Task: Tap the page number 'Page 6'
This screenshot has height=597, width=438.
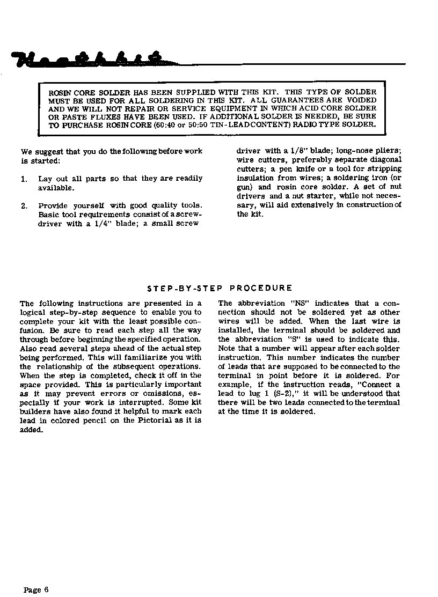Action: tap(36, 575)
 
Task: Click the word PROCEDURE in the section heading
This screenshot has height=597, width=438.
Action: tap(265, 288)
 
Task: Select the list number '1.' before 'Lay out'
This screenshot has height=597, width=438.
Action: tap(24, 179)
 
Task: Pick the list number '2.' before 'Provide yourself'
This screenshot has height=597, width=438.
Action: tap(24, 206)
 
